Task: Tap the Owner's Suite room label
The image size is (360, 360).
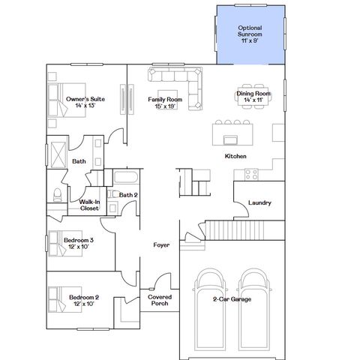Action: coord(84,102)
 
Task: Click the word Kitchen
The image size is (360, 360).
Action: coord(236,156)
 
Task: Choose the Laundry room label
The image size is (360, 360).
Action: coord(259,202)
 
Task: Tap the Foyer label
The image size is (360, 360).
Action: coord(161,244)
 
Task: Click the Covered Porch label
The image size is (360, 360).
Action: coord(160,301)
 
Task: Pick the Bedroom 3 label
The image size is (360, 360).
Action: coord(79,242)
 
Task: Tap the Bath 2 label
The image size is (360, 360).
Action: coord(128,195)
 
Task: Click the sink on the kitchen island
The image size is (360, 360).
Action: coord(231,139)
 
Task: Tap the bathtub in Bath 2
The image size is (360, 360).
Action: coord(125,178)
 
